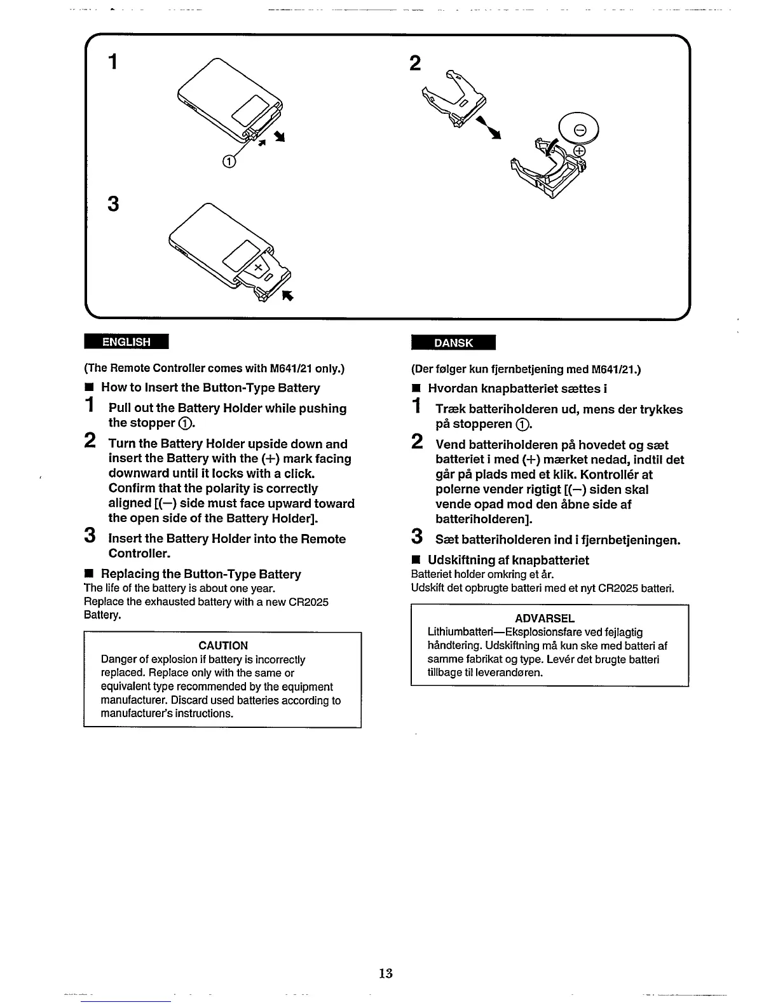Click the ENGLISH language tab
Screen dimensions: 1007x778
coord(126,342)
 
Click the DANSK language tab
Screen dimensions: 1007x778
coord(453,343)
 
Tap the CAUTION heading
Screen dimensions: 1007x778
coord(222,645)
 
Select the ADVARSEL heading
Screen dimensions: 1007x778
coord(544,618)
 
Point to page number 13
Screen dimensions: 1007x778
coord(385,973)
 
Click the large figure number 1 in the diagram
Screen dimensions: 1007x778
coord(113,62)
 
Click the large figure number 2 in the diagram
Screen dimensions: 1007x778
coord(415,63)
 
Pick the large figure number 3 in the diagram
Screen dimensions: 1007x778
coord(113,204)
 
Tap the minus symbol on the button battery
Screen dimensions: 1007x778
coord(579,131)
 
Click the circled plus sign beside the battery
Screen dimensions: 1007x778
coord(579,151)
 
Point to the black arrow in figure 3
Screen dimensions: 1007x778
coord(287,295)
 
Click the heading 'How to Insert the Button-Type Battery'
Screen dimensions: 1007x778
coord(210,388)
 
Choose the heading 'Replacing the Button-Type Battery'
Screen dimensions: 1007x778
coord(201,574)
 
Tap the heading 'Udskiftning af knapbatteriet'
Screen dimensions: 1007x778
coord(508,560)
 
